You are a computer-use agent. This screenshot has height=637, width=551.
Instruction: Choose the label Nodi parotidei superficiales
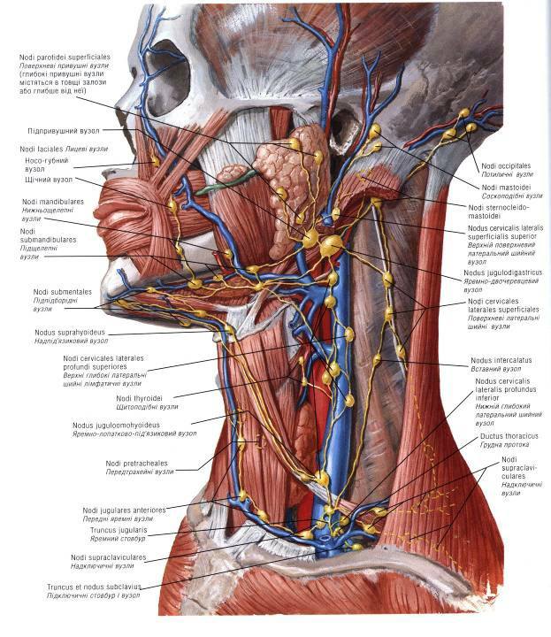point(74,58)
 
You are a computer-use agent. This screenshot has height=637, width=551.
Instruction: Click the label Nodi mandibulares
point(54,202)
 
